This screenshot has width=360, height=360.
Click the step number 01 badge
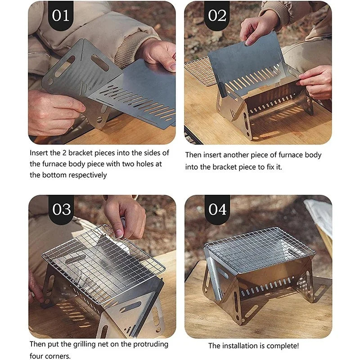click(x=61, y=15)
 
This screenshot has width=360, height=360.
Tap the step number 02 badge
click(x=217, y=15)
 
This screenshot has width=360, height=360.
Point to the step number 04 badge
click(x=217, y=209)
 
